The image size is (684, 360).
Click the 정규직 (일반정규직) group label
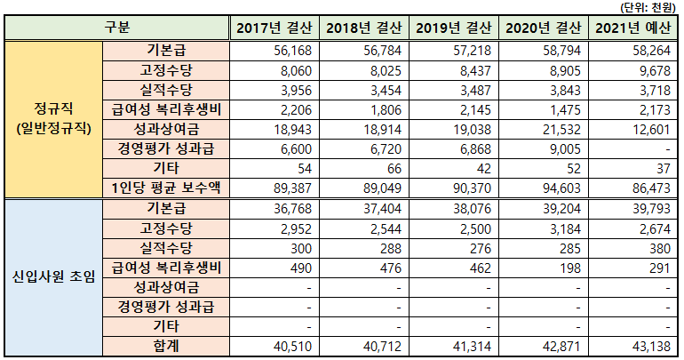[x=52, y=119]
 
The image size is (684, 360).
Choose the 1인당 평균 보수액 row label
[x=165, y=188]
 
